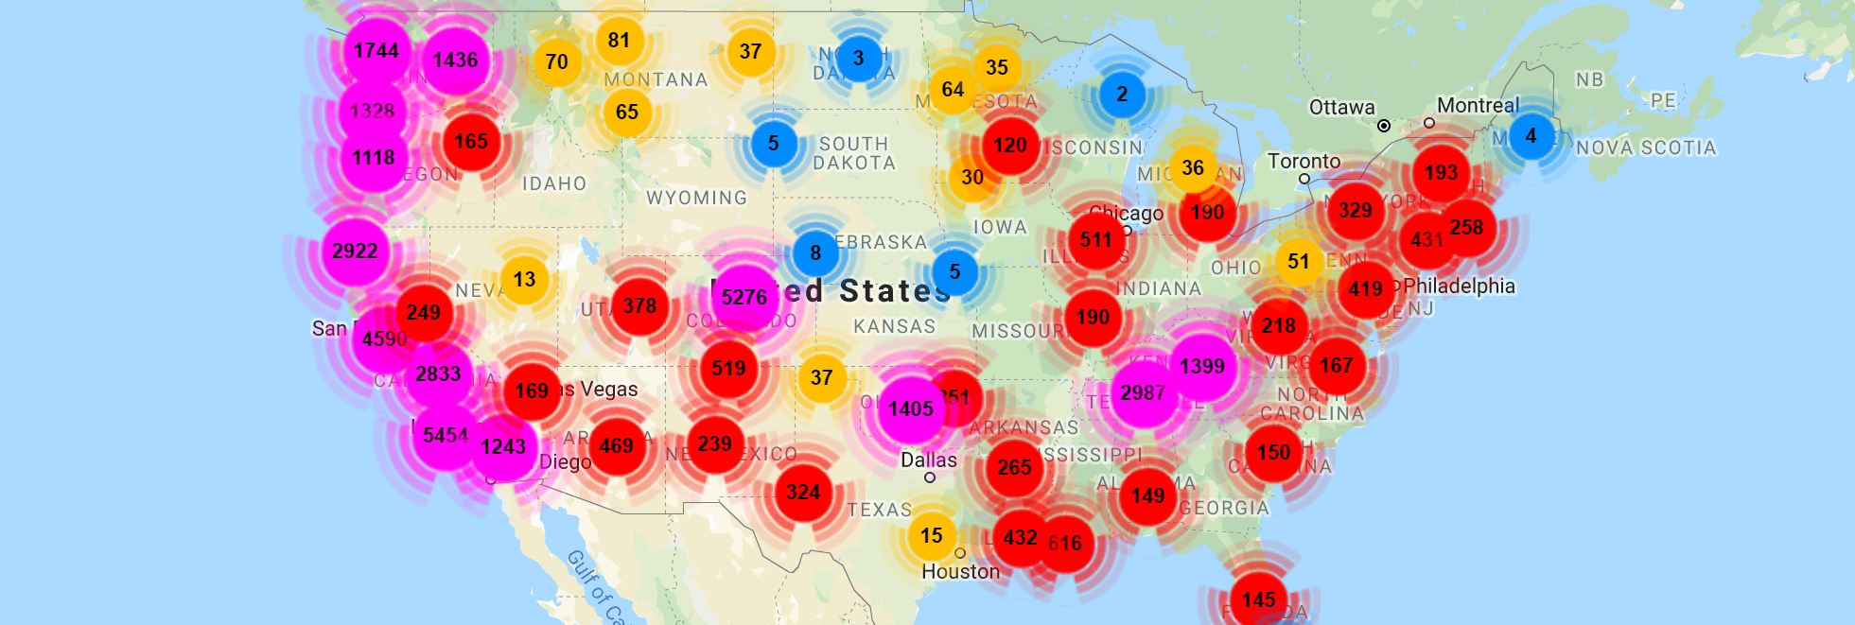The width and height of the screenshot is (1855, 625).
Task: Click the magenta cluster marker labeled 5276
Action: [744, 297]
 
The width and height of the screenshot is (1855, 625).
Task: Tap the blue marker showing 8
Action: [815, 253]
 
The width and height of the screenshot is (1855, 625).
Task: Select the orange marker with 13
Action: [524, 280]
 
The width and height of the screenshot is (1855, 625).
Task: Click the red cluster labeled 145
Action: [1258, 599]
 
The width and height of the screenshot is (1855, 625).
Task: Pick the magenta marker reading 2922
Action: [355, 252]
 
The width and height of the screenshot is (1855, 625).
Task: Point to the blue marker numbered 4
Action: [1531, 136]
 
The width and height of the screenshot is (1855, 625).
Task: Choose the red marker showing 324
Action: [803, 492]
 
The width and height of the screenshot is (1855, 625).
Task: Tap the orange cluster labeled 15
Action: [932, 536]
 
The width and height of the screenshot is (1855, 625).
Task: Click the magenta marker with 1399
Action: [1202, 367]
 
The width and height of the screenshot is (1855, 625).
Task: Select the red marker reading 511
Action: [1096, 240]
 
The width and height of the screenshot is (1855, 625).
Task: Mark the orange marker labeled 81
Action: [619, 41]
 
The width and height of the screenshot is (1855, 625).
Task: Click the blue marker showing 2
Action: [1122, 95]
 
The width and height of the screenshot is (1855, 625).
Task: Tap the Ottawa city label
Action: [1341, 108]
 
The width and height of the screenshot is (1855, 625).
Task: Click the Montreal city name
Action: [1478, 105]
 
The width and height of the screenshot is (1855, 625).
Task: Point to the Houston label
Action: [960, 571]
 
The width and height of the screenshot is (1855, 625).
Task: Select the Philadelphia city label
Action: [1459, 286]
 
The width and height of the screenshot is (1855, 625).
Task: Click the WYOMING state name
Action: [696, 198]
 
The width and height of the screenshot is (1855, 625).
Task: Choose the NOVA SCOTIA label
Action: [1646, 148]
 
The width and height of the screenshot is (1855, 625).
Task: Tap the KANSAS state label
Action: [894, 326]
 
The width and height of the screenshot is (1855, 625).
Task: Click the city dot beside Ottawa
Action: [1384, 126]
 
